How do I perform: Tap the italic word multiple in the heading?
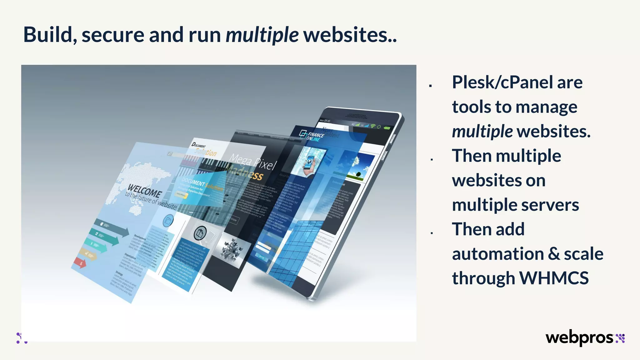pyautogui.click(x=262, y=35)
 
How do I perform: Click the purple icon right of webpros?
pyautogui.click(x=620, y=338)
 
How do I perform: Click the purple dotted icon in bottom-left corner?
pyautogui.click(x=21, y=338)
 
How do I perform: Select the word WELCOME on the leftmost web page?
pyautogui.click(x=144, y=191)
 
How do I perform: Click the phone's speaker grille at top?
pyautogui.click(x=356, y=116)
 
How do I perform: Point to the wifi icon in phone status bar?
pyautogui.click(x=373, y=126)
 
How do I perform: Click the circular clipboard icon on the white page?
pyautogui.click(x=200, y=233)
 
